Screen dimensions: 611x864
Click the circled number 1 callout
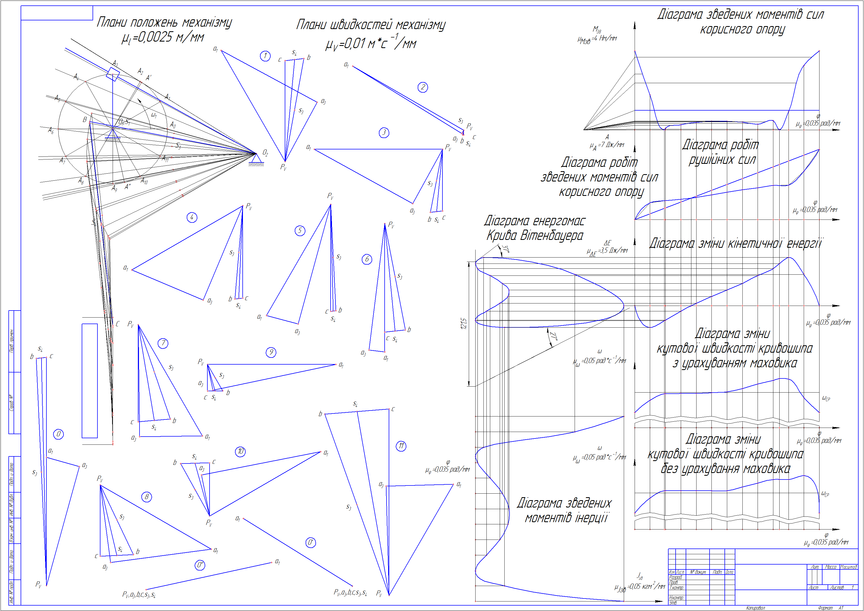click(x=265, y=56)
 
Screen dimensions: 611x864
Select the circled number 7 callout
click(x=163, y=343)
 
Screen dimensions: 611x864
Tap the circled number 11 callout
click(x=401, y=446)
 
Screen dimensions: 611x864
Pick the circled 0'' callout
click(x=200, y=565)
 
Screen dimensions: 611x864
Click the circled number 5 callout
click(x=300, y=231)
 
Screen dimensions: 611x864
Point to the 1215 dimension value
click(x=464, y=324)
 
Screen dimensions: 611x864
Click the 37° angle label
click(x=506, y=249)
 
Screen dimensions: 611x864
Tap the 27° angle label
click(x=553, y=336)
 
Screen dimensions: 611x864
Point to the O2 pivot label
click(x=265, y=153)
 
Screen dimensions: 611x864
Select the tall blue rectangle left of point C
click(x=90, y=380)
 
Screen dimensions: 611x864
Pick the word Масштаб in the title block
click(x=848, y=567)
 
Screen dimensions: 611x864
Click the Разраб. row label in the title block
click(x=675, y=577)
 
